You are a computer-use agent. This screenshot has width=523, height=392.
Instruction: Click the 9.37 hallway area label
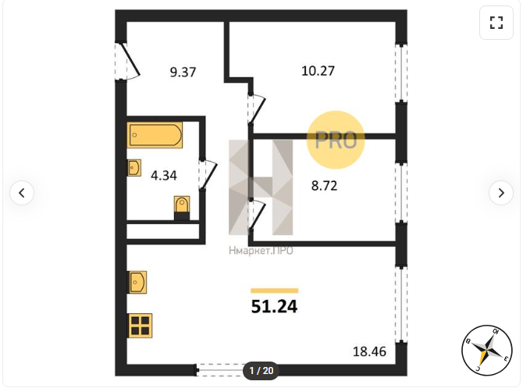tap(183, 72)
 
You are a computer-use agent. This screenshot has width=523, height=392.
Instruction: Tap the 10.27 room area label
tap(318, 71)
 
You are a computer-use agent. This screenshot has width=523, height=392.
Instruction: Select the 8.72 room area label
tap(324, 186)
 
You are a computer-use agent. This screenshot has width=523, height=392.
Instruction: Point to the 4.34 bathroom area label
tap(164, 176)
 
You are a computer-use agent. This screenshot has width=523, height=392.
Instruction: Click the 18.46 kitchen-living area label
tap(369, 351)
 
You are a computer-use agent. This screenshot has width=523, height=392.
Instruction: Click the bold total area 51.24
tap(274, 307)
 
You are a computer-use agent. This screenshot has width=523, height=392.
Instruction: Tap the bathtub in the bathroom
tap(155, 135)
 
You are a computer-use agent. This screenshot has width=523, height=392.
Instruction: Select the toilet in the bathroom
tap(182, 208)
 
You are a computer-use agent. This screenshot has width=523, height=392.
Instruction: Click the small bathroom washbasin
tap(134, 167)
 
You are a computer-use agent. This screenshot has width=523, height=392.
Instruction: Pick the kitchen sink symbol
tap(137, 282)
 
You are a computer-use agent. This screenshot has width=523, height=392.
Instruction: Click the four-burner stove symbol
tap(140, 326)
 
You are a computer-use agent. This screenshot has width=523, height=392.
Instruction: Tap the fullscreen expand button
tap(496, 23)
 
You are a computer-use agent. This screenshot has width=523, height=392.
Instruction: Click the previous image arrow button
tap(22, 193)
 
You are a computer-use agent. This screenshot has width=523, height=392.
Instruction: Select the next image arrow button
tap(501, 193)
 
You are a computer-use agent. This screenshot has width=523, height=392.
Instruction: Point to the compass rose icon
tap(487, 350)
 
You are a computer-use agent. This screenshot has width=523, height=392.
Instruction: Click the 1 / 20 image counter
tap(261, 371)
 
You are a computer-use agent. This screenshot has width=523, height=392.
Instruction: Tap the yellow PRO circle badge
tap(336, 140)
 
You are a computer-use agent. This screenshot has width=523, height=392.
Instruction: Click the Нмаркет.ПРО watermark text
tap(261, 251)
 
